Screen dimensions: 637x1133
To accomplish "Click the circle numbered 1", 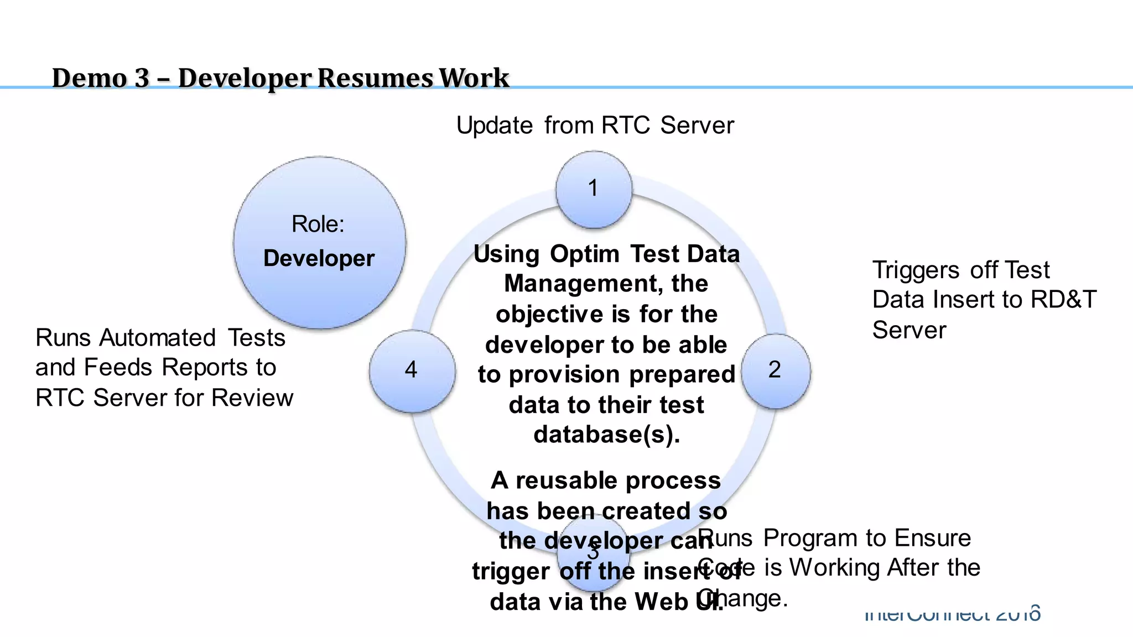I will tap(594, 189).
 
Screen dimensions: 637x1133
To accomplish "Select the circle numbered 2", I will tap(776, 370).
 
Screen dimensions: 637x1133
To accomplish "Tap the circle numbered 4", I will tap(412, 370).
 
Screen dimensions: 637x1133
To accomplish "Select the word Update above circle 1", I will tap(494, 126).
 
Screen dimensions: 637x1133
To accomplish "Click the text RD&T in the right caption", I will tap(1063, 300).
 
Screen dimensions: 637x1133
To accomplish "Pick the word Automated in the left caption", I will tap(157, 338).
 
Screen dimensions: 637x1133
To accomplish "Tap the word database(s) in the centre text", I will tap(606, 435).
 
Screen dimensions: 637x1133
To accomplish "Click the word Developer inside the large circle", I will tap(319, 259).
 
